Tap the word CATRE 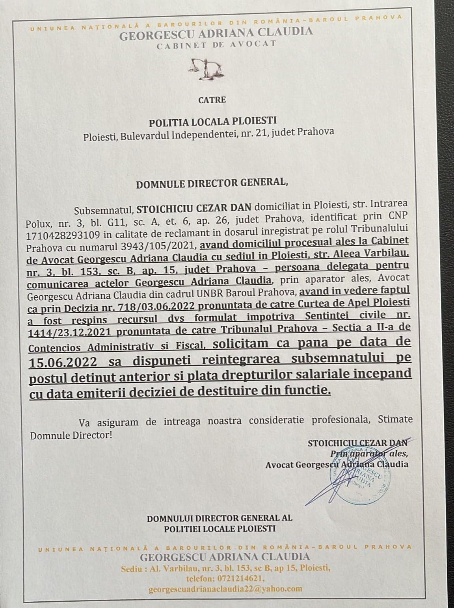(x=212, y=100)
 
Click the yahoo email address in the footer (x=225, y=589)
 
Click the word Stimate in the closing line (x=395, y=419)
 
